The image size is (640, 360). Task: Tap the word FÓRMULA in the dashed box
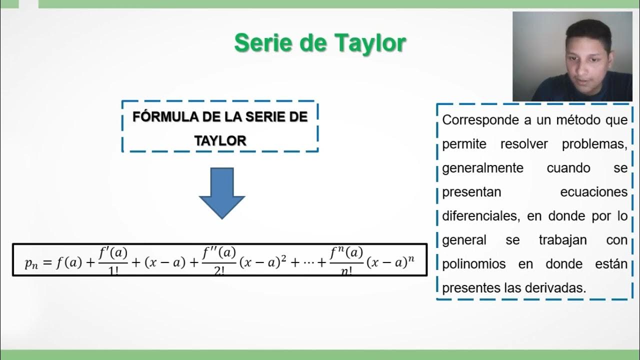pos(165,117)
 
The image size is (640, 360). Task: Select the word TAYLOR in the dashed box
pos(220,141)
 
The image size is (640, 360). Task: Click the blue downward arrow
pos(221,192)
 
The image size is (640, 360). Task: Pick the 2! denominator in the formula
pos(218,273)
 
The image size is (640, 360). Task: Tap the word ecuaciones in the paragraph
pos(593,192)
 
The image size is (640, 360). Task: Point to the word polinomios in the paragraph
pos(474,264)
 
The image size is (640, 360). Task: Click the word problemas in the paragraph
pos(594,144)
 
